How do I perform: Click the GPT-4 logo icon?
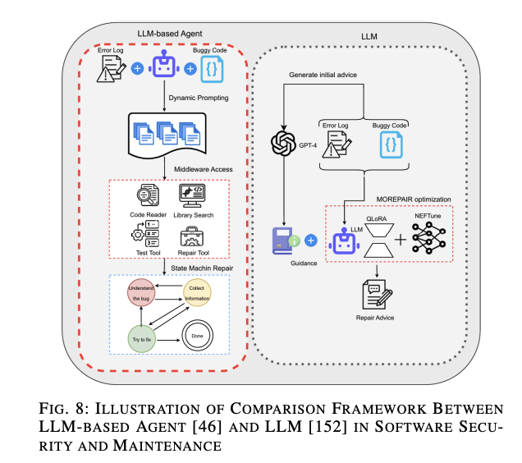[283, 145]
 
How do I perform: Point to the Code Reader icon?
[149, 195]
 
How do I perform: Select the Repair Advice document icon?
[376, 293]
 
